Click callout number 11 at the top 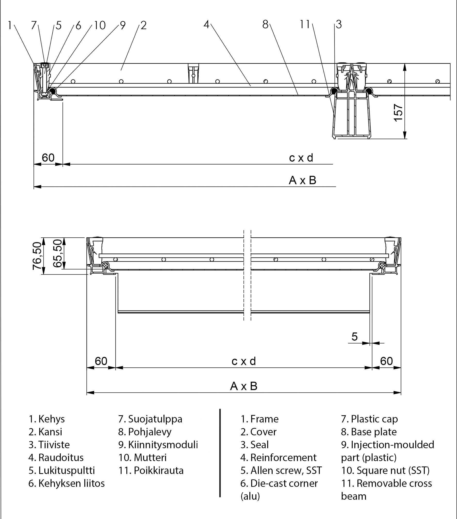tap(305, 25)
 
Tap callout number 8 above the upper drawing tap(265, 25)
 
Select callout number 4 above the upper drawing tap(206, 25)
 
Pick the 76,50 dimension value tap(37, 256)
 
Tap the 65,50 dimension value tap(57, 253)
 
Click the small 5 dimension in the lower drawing tap(355, 337)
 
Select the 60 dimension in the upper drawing tap(48, 158)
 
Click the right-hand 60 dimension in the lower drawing tap(386, 361)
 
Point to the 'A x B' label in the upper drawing tap(302, 180)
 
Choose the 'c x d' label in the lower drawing tap(244, 361)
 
